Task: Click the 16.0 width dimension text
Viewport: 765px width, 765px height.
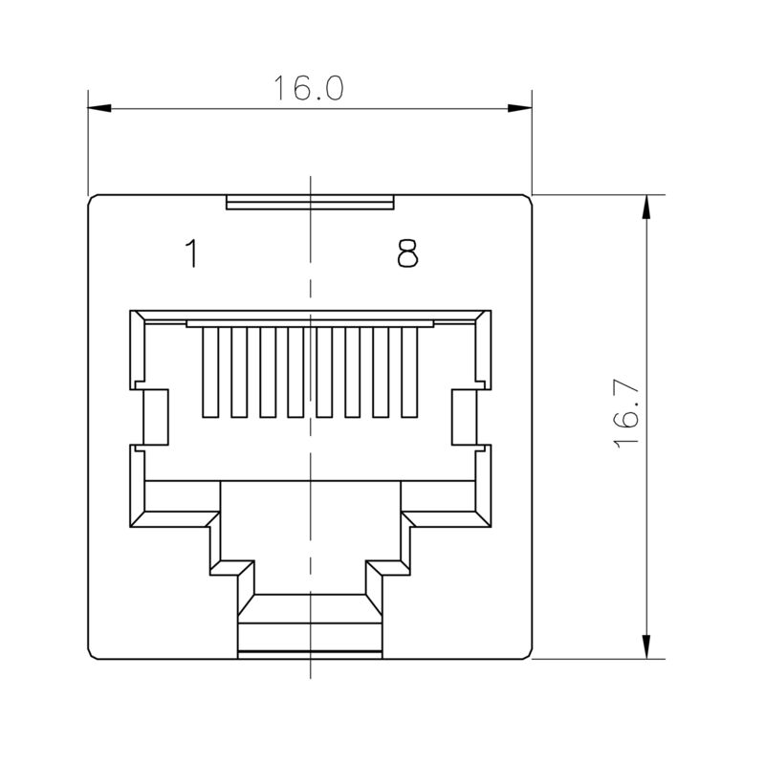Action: coord(308,88)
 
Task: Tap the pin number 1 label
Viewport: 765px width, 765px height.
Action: coord(191,254)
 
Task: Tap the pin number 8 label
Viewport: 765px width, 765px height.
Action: coord(408,254)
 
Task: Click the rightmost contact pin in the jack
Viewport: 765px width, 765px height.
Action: coord(410,373)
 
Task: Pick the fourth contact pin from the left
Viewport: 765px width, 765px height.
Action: coord(295,373)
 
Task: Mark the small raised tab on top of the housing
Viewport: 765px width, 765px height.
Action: coord(310,203)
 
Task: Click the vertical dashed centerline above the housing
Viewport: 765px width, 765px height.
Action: coord(310,186)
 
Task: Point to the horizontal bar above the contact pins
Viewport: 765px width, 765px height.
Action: coord(310,324)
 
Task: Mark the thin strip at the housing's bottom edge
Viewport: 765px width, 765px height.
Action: coord(310,655)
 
